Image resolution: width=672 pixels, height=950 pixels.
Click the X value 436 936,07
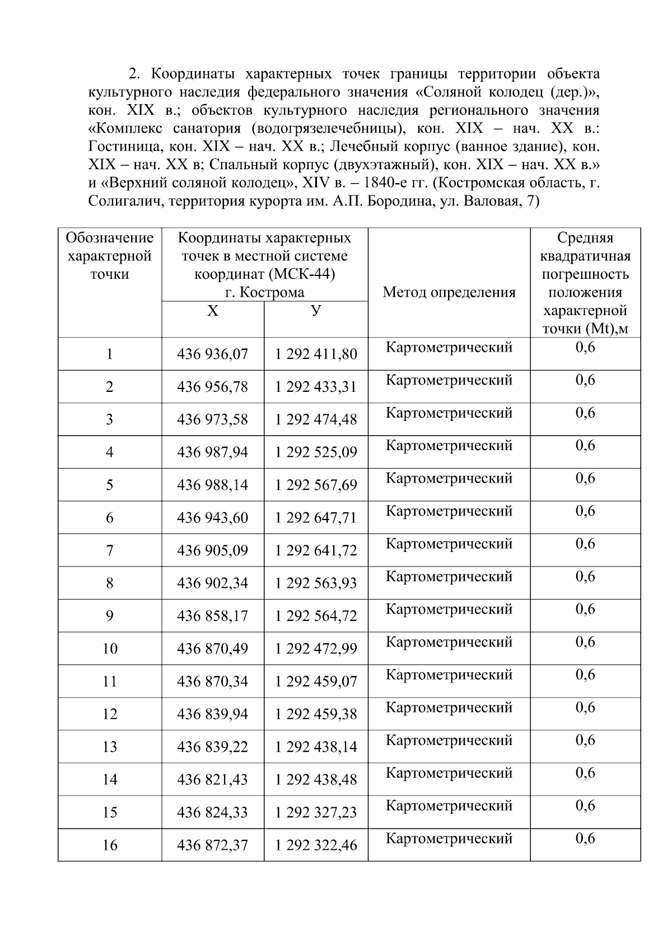212,354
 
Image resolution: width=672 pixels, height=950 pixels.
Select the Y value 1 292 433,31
316,387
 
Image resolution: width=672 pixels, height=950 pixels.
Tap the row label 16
110,845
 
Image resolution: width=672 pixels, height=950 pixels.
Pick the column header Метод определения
449,292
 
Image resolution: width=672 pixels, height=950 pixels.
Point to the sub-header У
316,311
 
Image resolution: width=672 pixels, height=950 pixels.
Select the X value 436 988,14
212,485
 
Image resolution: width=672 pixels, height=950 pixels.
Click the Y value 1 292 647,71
316,518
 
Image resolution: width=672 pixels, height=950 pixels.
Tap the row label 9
110,616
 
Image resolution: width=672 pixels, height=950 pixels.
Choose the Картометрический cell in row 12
449,708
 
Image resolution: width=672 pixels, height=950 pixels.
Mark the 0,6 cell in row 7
585,544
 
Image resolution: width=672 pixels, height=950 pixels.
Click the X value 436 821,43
212,780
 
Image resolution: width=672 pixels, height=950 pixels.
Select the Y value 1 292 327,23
316,812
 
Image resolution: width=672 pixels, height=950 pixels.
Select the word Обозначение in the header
110,238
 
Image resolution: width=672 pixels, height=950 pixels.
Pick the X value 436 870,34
212,681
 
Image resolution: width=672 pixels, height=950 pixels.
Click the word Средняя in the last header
585,238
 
